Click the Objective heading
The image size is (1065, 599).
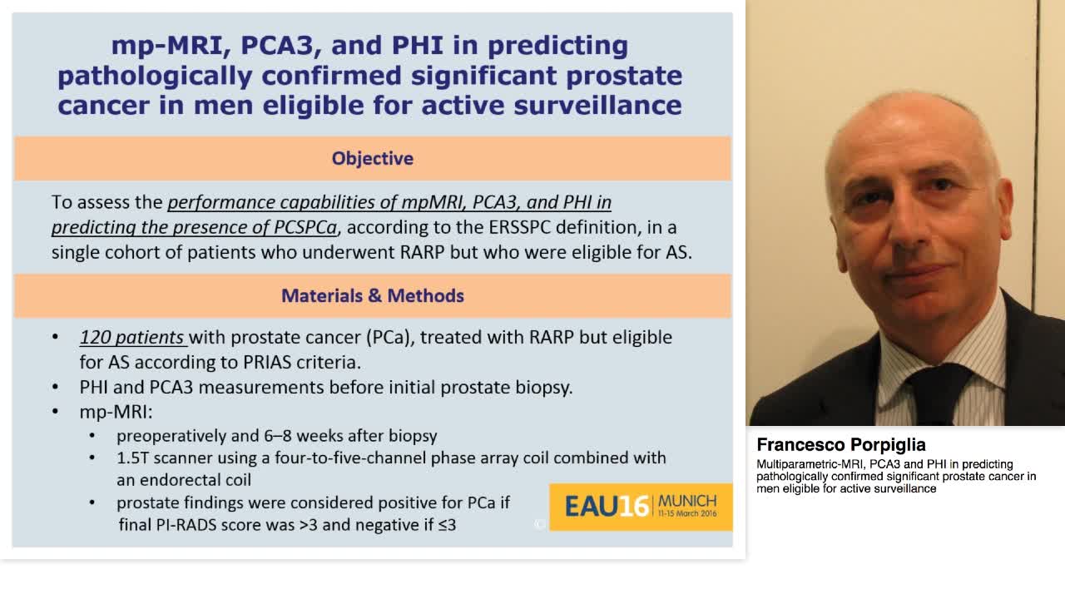372,158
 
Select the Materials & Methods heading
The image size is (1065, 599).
372,295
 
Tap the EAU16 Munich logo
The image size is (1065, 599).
640,506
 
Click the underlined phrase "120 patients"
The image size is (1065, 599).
132,338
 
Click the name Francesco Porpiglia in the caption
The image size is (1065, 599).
841,445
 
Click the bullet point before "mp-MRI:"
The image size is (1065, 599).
56,412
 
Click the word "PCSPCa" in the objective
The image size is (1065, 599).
305,227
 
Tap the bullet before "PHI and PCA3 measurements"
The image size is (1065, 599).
56,388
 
